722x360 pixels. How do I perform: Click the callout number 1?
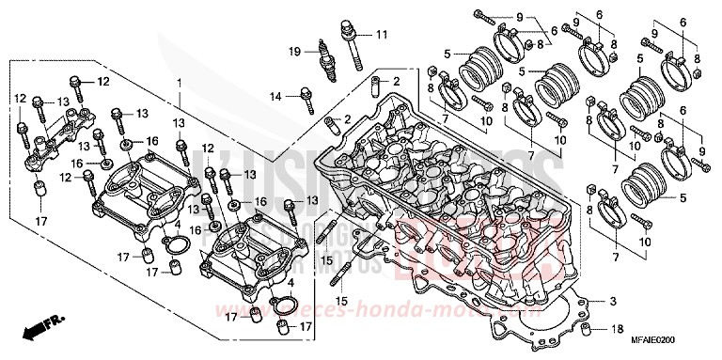coord(178,84)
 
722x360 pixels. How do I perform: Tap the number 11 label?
coord(381,36)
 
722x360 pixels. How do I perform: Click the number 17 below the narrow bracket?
coord(40,221)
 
